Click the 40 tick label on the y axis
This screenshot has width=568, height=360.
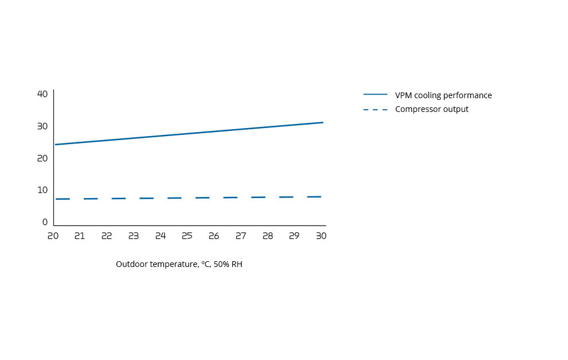(x=42, y=94)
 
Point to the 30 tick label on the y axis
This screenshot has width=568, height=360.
(x=42, y=126)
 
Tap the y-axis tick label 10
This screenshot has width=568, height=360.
(x=42, y=190)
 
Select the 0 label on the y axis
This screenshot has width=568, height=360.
(x=45, y=222)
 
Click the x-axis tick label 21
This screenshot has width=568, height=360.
(x=80, y=236)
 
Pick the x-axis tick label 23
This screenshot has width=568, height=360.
(x=134, y=236)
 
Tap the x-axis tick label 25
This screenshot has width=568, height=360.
(x=187, y=236)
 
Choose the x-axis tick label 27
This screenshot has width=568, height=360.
(x=241, y=236)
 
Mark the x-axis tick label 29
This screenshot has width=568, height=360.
(x=294, y=236)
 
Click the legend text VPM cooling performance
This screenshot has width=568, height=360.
(x=443, y=95)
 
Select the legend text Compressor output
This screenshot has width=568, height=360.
(x=431, y=109)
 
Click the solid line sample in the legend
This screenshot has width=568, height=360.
(x=375, y=95)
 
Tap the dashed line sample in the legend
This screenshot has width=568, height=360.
(x=375, y=109)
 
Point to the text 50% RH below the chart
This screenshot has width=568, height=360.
(x=228, y=265)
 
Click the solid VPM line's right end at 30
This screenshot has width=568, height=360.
(x=322, y=122)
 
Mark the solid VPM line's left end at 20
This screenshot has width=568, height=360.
(x=55, y=145)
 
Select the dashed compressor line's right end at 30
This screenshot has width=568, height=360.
(x=321, y=197)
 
